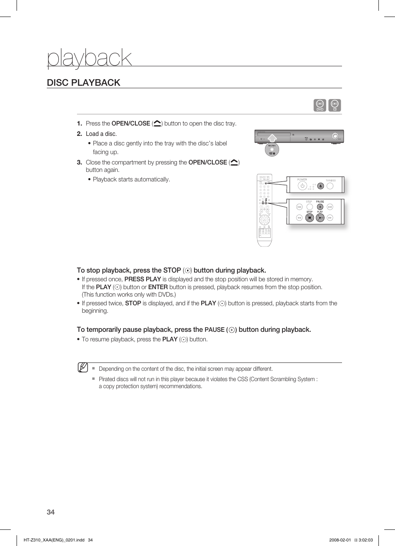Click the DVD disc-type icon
tap(320, 105)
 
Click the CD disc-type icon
tap(335, 105)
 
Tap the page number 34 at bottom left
tap(51, 512)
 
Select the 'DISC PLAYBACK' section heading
tap(84, 82)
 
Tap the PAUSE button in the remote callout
tap(320, 207)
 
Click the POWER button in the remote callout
tap(302, 186)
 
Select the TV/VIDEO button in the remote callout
tap(330, 186)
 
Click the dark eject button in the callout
tap(320, 186)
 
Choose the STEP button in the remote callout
tap(309, 207)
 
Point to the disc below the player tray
tap(272, 150)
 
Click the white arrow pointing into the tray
tap(272, 138)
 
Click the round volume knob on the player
tap(335, 136)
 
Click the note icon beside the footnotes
tap(83, 367)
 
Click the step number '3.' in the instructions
tap(79, 162)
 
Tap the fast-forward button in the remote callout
tap(330, 217)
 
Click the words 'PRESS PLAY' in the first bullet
tap(142, 279)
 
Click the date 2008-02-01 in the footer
tap(340, 540)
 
